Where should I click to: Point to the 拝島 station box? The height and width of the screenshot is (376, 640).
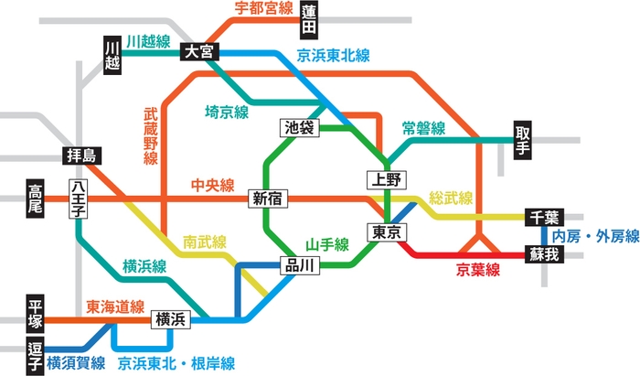click(x=81, y=155)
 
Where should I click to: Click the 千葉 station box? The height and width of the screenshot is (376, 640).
click(x=546, y=218)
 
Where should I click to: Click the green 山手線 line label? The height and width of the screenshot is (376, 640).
click(x=327, y=244)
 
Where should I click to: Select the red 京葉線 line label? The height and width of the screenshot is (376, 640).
click(x=478, y=269)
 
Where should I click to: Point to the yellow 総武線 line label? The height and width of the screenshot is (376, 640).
click(x=451, y=198)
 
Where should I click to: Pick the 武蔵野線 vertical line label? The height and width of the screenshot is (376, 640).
click(x=150, y=137)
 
